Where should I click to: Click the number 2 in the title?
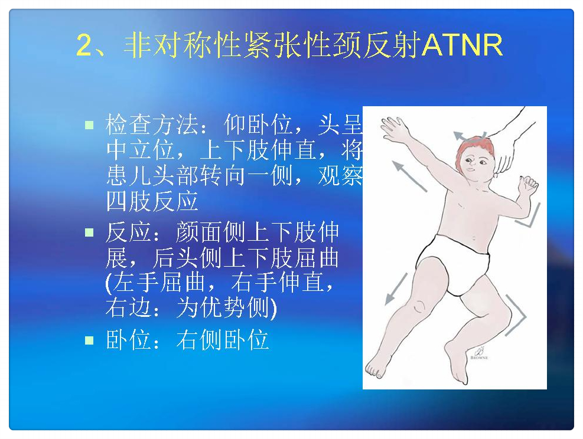point(84,45)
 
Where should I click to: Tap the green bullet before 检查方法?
point(89,125)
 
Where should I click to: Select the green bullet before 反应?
point(89,232)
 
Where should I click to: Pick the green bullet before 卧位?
point(89,340)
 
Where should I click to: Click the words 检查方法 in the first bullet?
point(152,125)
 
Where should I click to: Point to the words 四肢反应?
point(152,201)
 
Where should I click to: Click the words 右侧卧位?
point(223,340)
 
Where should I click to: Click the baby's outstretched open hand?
point(393,129)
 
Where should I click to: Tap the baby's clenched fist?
point(528,185)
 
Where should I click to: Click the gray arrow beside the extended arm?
point(409,176)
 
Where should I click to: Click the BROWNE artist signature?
point(480,353)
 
